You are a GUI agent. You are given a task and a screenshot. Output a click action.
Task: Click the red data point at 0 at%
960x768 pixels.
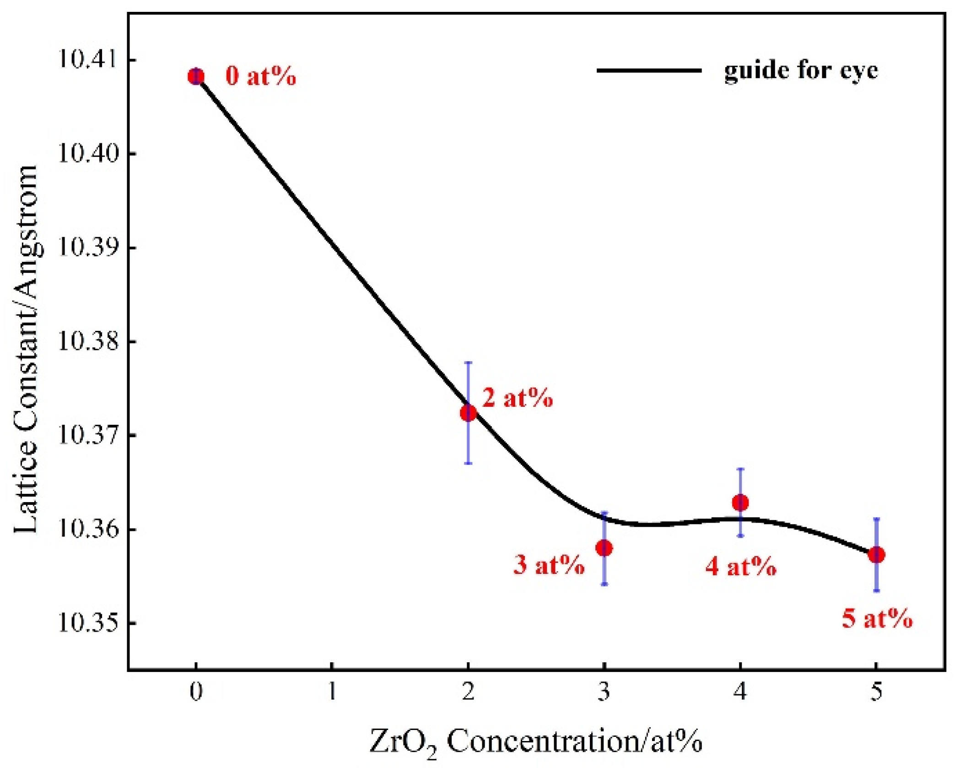[196, 76]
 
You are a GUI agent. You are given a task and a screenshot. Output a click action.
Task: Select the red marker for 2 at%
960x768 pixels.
[468, 413]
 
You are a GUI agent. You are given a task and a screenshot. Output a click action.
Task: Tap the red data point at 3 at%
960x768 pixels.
[604, 548]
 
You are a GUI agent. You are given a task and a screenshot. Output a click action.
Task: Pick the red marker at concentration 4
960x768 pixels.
[740, 503]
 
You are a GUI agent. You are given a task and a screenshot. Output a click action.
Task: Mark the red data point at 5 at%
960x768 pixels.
[876, 555]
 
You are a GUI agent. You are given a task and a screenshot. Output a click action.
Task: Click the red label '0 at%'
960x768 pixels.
[261, 76]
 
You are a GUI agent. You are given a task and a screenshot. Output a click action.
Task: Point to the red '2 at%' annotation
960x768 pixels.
[518, 398]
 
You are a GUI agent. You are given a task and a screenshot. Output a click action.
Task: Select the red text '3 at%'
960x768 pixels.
[549, 565]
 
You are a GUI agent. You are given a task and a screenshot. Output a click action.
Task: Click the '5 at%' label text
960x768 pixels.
[877, 619]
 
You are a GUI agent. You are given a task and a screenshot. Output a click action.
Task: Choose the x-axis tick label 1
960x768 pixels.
[332, 692]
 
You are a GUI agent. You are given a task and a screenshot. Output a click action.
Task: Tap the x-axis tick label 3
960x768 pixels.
[604, 692]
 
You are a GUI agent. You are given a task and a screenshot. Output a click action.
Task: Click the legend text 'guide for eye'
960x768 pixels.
[801, 70]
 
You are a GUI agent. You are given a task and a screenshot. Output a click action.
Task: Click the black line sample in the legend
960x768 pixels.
[649, 70]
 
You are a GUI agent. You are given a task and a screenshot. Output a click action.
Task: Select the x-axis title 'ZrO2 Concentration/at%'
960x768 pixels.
[536, 741]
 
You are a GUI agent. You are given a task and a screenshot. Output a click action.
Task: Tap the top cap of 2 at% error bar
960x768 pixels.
[468, 362]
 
